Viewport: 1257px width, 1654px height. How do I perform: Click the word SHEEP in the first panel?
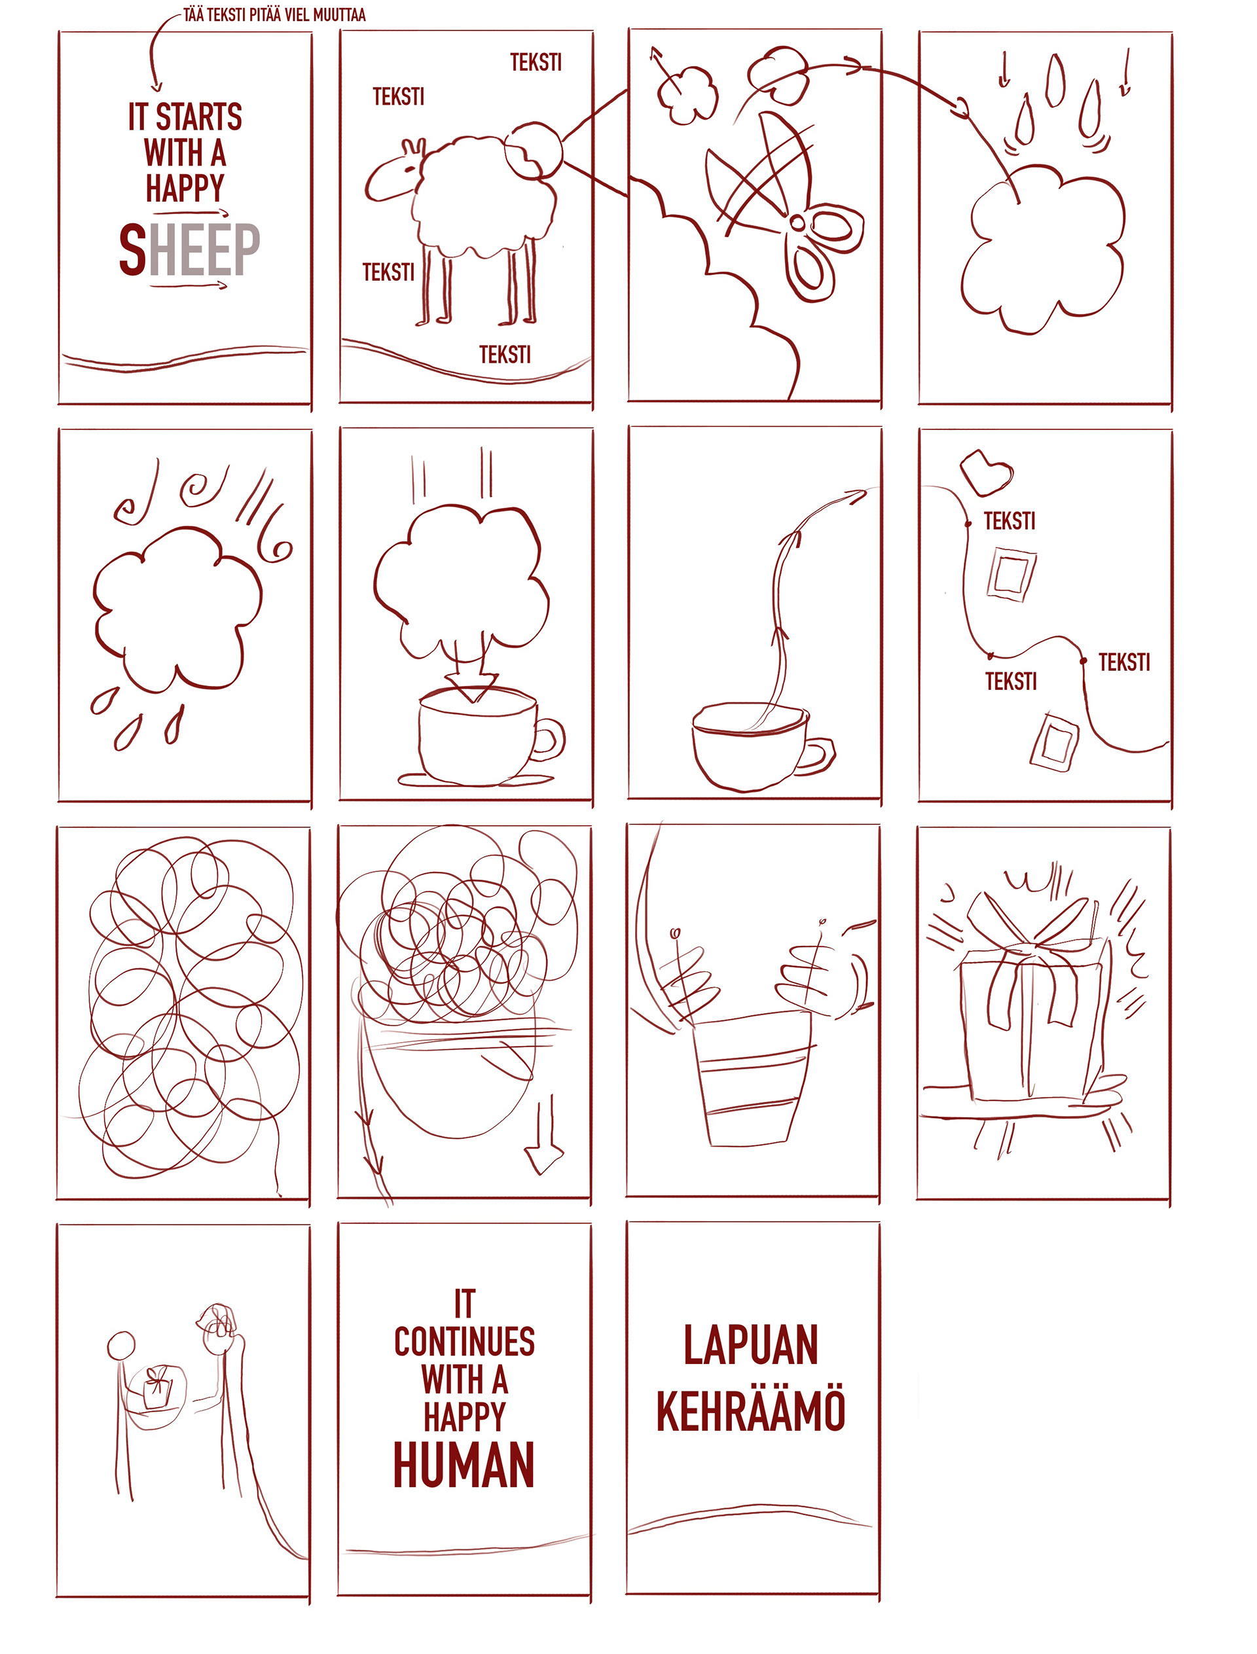coord(189,249)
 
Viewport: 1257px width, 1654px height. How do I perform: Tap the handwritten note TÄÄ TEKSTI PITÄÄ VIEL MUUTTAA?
coord(274,15)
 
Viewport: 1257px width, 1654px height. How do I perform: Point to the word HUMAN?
coord(464,1465)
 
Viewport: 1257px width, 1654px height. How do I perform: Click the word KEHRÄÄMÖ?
coord(750,1411)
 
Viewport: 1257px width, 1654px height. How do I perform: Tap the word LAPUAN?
coord(750,1344)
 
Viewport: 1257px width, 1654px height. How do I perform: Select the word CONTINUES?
coord(465,1341)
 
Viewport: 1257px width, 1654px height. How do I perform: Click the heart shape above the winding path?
coord(986,472)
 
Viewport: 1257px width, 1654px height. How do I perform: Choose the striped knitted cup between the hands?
coord(750,1077)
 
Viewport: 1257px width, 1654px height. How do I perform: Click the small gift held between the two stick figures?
coord(157,1388)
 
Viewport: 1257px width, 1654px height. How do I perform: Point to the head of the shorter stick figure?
coord(121,1346)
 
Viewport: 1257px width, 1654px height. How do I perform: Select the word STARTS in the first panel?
coord(199,117)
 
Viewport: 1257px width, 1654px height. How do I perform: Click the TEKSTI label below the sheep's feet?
coord(505,355)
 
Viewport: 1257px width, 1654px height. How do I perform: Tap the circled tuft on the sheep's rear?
coord(532,150)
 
